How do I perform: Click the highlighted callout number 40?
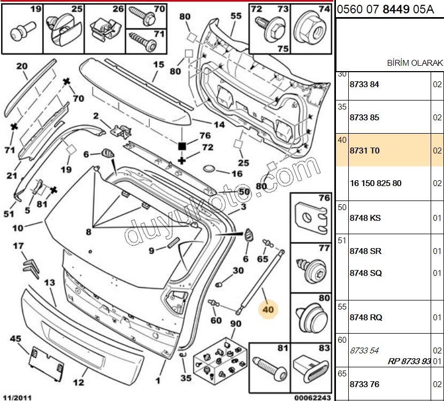268,310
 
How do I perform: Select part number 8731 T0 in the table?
364,151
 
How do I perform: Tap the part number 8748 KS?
365,218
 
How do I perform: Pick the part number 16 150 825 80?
376,183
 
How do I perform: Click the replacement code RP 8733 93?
409,361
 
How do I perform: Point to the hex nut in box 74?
311,28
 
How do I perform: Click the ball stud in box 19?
23,31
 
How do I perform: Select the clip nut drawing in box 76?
311,219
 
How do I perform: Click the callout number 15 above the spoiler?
158,65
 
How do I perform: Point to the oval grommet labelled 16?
209,168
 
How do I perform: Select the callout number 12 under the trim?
79,382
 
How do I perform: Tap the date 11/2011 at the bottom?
18,397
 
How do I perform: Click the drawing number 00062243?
312,398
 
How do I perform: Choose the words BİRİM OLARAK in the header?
415,63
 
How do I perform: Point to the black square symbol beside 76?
182,146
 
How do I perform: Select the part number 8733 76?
364,384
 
